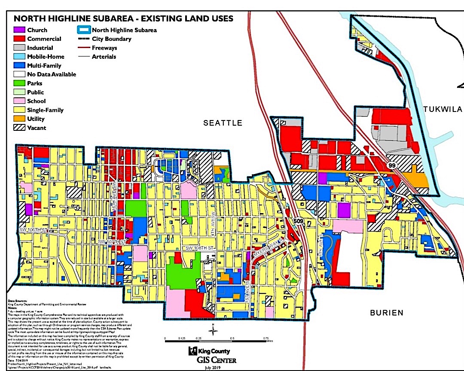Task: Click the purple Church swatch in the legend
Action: click(x=19, y=30)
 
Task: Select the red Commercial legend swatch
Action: click(x=19, y=39)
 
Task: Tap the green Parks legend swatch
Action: click(x=19, y=83)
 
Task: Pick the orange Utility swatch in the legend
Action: click(x=19, y=119)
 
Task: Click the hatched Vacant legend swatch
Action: click(x=19, y=128)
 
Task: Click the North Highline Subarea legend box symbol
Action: click(x=83, y=30)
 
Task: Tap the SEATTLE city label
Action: click(x=223, y=123)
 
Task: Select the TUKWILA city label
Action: click(x=442, y=109)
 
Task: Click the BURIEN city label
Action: click(x=387, y=313)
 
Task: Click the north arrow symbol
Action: click(x=212, y=330)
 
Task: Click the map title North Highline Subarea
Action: click(x=124, y=19)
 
